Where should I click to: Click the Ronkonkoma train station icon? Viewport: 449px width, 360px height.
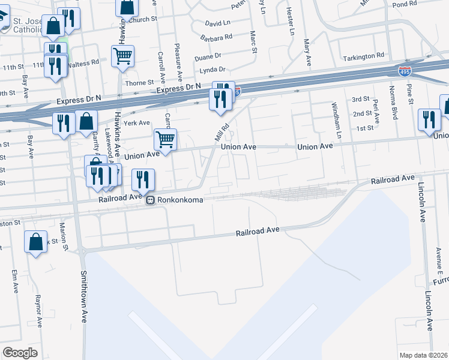151,201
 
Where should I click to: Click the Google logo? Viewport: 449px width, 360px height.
20,353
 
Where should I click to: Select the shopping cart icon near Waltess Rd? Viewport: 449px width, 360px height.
122,56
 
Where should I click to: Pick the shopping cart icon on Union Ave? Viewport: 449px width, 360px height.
165,139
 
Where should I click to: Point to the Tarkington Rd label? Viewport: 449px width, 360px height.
363,56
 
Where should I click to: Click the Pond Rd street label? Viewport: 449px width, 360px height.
403,4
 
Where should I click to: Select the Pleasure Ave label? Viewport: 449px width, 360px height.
178,62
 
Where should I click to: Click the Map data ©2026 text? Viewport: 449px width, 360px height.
423,355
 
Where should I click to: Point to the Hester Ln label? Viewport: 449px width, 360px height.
291,22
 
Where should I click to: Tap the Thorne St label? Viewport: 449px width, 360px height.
140,83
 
